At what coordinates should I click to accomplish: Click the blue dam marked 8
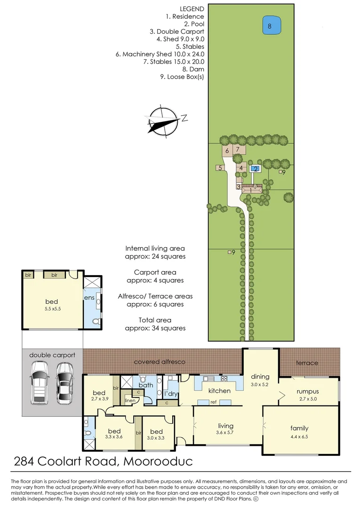click(x=270, y=26)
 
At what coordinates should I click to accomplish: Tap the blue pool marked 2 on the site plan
click(x=255, y=168)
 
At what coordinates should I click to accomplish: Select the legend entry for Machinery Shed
click(x=160, y=54)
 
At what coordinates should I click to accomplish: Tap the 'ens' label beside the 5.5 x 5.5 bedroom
click(x=89, y=297)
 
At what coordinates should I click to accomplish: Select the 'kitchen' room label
click(x=219, y=390)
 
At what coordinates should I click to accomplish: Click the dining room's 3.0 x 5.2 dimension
click(x=260, y=384)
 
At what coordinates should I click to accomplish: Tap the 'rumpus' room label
click(x=308, y=391)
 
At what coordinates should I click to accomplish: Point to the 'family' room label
click(x=299, y=428)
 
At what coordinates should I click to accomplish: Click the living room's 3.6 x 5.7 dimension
click(x=225, y=432)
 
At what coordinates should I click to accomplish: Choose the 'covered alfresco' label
click(x=160, y=362)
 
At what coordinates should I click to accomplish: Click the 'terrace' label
click(x=307, y=363)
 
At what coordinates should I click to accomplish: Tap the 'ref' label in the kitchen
click(x=213, y=402)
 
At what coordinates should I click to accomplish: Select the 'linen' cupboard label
click(x=130, y=401)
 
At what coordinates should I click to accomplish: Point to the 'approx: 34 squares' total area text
click(x=155, y=328)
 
